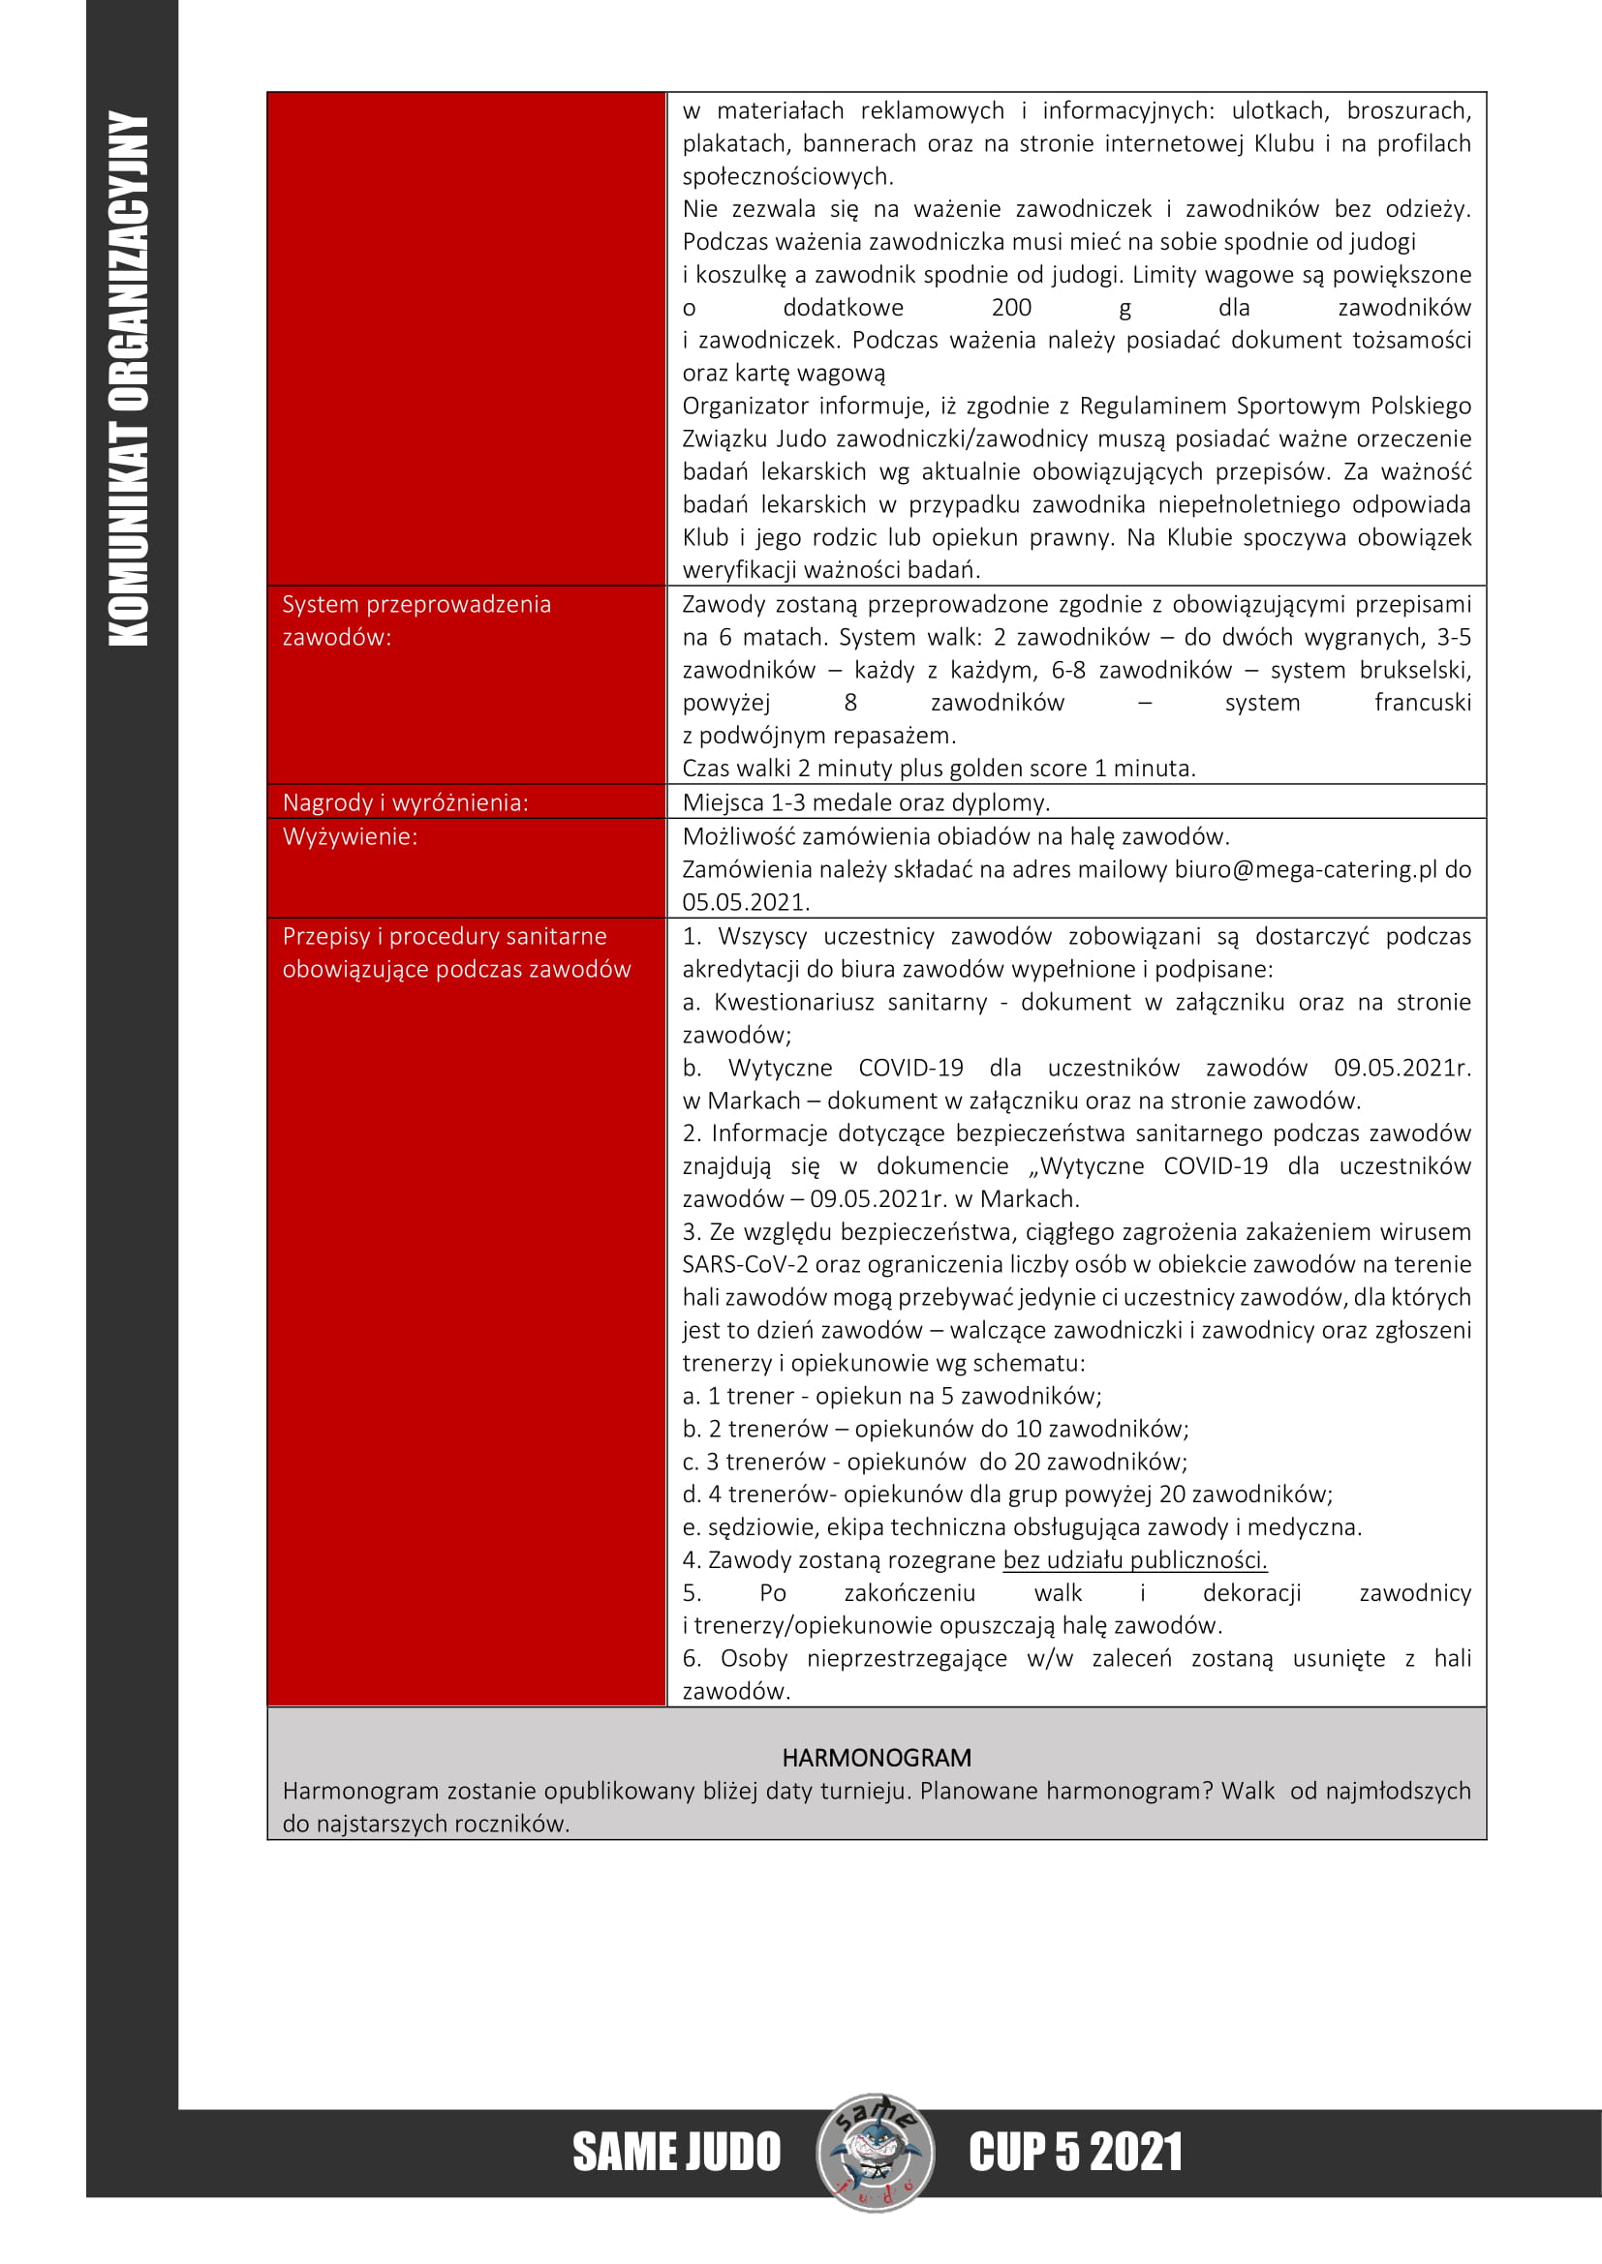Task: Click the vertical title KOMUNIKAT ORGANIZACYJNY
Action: click(x=128, y=378)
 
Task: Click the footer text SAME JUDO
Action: click(x=677, y=2153)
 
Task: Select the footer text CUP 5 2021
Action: click(x=1074, y=2153)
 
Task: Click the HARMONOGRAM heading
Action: click(x=876, y=1757)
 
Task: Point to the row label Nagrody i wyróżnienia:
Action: click(x=406, y=802)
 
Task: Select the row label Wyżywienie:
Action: click(x=351, y=836)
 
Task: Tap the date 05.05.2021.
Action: click(x=745, y=901)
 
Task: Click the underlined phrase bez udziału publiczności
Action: click(x=1134, y=1559)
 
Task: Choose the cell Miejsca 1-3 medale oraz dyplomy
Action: click(x=865, y=802)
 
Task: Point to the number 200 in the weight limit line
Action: click(x=1011, y=308)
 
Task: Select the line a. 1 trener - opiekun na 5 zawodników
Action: click(x=892, y=1396)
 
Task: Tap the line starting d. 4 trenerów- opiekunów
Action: click(x=1007, y=1494)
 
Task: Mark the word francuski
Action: click(x=1422, y=703)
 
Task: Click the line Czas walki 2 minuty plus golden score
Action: click(x=939, y=769)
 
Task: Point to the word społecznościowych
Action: click(x=787, y=176)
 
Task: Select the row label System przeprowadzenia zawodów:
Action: click(x=416, y=620)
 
